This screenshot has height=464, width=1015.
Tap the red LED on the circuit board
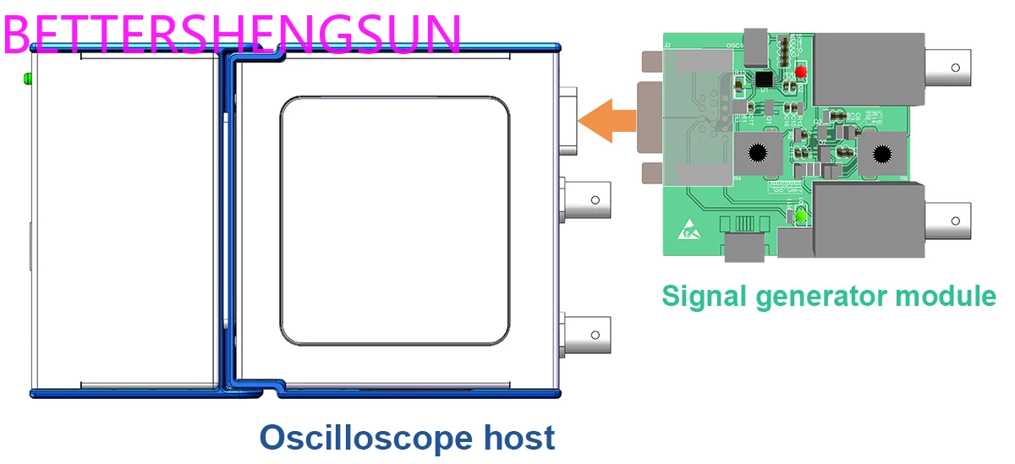tap(799, 73)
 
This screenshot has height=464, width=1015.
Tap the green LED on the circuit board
tap(799, 217)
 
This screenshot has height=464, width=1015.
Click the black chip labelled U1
tap(764, 79)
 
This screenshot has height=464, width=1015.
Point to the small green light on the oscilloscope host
tap(28, 79)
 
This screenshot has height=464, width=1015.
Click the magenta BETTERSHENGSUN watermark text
tap(233, 32)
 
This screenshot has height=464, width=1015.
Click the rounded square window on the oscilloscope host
tap(395, 221)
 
